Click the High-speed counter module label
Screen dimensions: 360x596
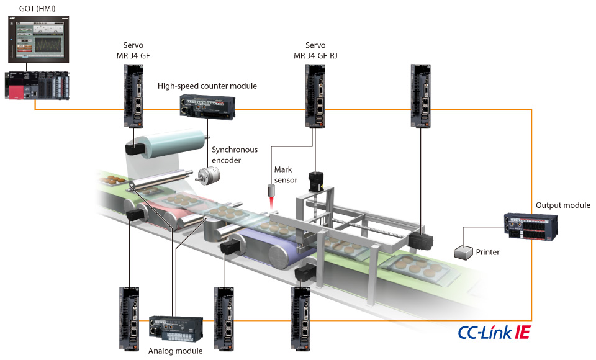coord(207,86)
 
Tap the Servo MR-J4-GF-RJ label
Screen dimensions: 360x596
coord(315,50)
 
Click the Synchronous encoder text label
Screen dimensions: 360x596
coord(235,155)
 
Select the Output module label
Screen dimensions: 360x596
coord(562,205)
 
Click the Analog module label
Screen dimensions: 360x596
coord(176,351)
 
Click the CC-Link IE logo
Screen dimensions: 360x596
coord(494,333)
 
